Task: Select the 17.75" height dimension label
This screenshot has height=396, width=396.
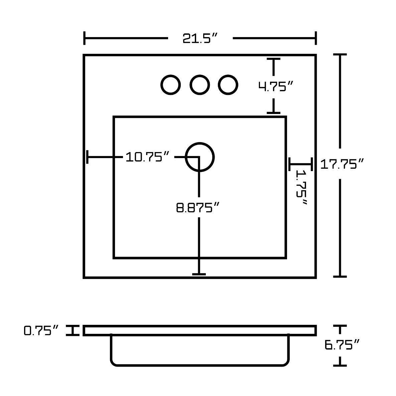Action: (x=342, y=164)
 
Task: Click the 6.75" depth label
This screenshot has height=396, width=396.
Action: (x=342, y=344)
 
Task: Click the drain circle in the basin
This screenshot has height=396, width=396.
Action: (x=200, y=157)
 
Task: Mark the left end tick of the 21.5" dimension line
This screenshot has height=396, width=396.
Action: (x=85, y=38)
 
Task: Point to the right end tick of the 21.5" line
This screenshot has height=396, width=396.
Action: (x=315, y=38)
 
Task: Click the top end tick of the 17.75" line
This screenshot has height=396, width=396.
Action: (x=340, y=54)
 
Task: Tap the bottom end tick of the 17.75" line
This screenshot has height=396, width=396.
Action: (x=340, y=276)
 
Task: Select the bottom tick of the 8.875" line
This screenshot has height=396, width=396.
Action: (x=199, y=274)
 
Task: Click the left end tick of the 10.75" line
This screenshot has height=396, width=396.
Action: (x=88, y=157)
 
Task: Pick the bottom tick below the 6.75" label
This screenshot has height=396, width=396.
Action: (x=340, y=365)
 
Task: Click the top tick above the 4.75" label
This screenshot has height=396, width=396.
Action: (x=274, y=59)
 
